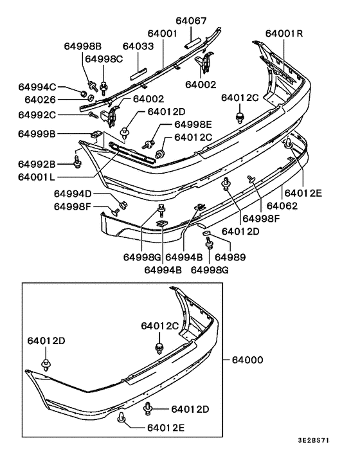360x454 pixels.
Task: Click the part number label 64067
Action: point(192,21)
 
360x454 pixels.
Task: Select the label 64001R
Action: point(284,33)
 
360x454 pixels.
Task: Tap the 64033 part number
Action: point(138,46)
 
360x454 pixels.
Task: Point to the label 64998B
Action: point(83,46)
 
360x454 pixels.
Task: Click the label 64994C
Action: point(37,87)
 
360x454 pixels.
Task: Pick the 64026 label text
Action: point(40,100)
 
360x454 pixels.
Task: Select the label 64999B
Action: point(37,134)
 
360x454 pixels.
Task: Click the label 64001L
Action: point(36,177)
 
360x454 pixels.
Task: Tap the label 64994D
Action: point(73,194)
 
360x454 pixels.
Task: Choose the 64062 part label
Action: point(282,206)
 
